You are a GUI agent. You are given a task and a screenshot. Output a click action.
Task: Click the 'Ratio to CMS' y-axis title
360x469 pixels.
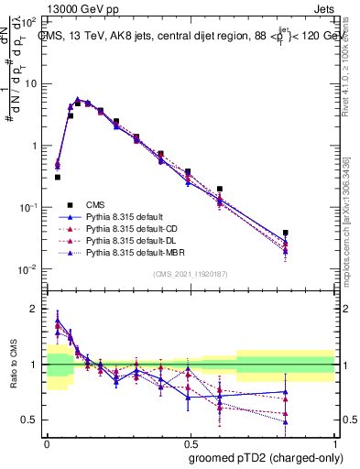(12, 365)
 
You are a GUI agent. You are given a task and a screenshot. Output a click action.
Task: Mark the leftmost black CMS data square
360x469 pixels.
(58, 177)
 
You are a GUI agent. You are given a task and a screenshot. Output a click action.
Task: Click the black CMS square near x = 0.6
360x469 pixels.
(220, 189)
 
